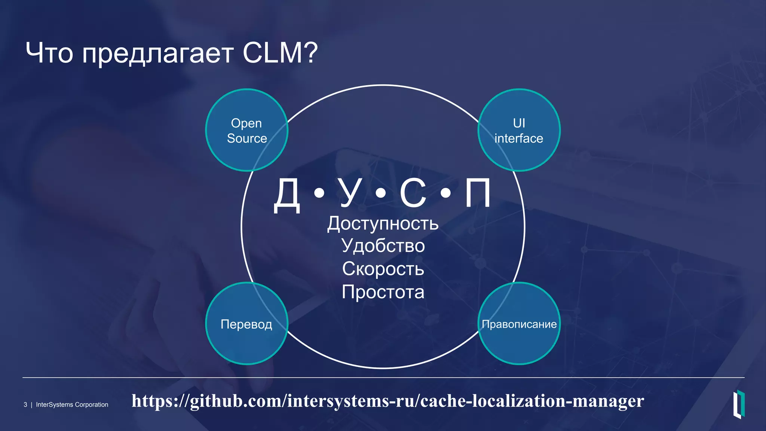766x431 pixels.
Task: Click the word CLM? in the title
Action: (280, 53)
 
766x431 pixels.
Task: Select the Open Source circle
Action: (247, 130)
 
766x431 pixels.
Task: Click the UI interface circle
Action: (519, 130)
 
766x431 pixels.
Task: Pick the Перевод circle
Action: (247, 324)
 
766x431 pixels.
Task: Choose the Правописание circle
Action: (519, 324)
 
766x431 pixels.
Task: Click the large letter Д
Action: (287, 195)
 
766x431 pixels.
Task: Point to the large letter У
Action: (350, 193)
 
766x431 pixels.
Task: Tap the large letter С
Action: (413, 193)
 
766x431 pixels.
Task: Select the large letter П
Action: (478, 193)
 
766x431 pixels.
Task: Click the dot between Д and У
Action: (319, 193)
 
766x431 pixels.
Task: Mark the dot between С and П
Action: (445, 193)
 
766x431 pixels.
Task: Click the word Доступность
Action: (383, 224)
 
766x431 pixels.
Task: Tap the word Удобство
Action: (383, 246)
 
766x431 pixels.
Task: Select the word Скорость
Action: (383, 269)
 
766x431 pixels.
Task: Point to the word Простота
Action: (383, 292)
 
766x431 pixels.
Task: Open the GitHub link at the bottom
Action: (387, 401)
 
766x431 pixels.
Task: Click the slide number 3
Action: (25, 405)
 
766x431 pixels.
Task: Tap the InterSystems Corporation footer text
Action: (72, 405)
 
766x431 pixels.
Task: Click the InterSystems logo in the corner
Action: (739, 404)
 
